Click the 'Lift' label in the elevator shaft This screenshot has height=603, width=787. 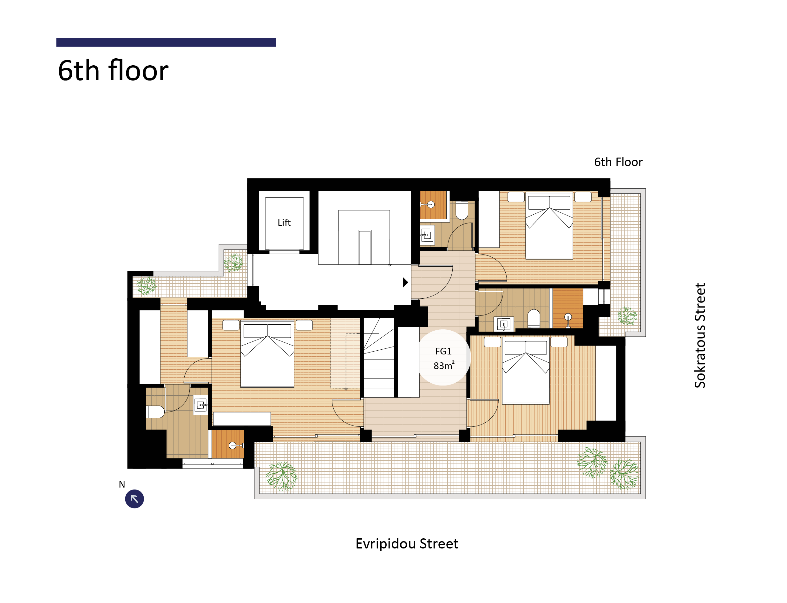(284, 223)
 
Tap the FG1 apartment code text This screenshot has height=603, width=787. (443, 351)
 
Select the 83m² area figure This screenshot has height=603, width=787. (444, 366)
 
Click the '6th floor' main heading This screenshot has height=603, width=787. (113, 70)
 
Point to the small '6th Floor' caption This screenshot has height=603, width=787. (618, 162)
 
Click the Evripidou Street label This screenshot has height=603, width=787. (407, 544)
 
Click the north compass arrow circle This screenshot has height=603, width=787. (134, 499)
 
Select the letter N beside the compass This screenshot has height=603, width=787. (122, 484)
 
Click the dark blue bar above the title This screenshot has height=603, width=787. (166, 42)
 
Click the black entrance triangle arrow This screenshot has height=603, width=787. (405, 282)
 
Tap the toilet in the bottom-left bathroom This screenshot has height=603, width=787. (155, 412)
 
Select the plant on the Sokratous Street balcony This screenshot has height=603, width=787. (627, 316)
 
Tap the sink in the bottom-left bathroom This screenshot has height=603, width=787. (201, 405)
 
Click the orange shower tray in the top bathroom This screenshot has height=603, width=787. (433, 205)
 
